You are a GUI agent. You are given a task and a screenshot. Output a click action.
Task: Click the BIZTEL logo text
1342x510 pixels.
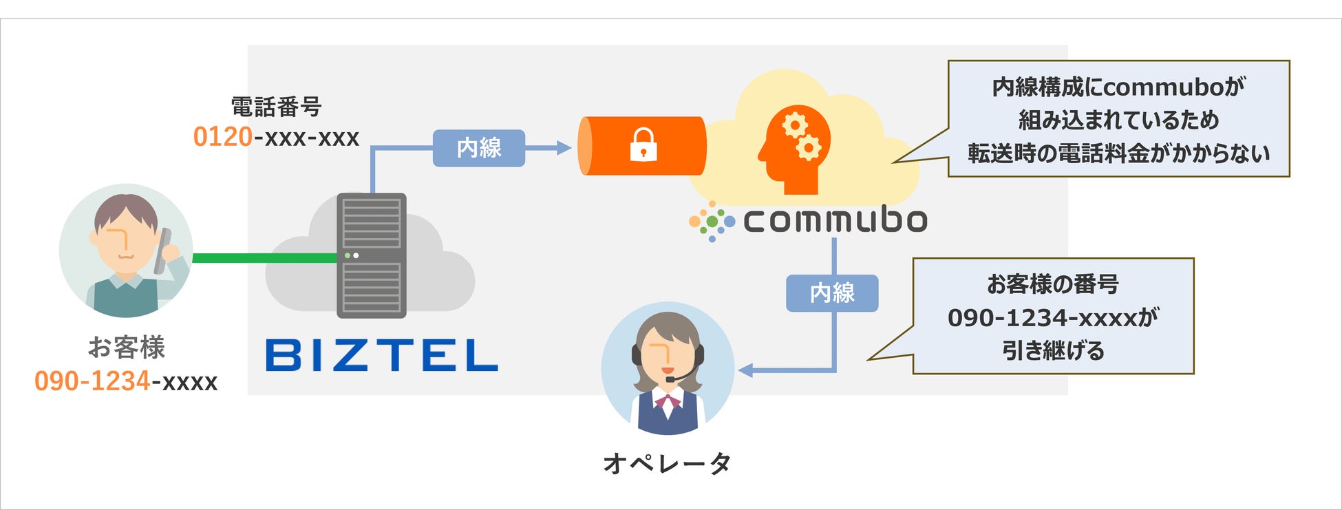click(x=381, y=355)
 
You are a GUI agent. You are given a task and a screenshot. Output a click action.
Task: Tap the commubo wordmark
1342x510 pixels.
click(x=835, y=220)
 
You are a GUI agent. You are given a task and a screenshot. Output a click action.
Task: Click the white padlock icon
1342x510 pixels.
click(x=643, y=145)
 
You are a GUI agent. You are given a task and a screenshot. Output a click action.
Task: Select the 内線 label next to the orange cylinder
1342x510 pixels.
click(x=479, y=148)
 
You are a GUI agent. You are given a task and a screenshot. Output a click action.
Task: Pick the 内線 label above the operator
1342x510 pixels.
click(x=832, y=293)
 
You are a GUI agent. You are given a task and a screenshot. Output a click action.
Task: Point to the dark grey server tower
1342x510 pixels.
click(x=371, y=255)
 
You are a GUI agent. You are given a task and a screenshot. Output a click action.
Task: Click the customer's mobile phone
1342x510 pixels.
click(x=163, y=251)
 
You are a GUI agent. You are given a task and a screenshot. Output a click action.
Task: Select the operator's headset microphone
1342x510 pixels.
click(x=671, y=379)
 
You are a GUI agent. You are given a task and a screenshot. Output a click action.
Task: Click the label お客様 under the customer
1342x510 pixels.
click(x=127, y=348)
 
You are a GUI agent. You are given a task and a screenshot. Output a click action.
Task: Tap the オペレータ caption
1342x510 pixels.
click(x=667, y=463)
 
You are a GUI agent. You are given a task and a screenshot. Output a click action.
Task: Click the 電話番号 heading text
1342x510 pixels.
click(x=276, y=107)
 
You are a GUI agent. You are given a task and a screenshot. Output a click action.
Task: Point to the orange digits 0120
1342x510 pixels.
click(x=222, y=137)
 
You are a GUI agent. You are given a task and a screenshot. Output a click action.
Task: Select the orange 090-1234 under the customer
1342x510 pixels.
click(x=92, y=381)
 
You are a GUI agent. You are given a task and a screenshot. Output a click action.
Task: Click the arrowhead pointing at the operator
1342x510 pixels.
click(x=745, y=371)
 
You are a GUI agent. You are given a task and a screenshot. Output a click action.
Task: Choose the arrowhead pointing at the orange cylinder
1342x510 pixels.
click(x=564, y=148)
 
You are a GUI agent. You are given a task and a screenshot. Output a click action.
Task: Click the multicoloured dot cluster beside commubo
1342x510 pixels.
click(x=712, y=221)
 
